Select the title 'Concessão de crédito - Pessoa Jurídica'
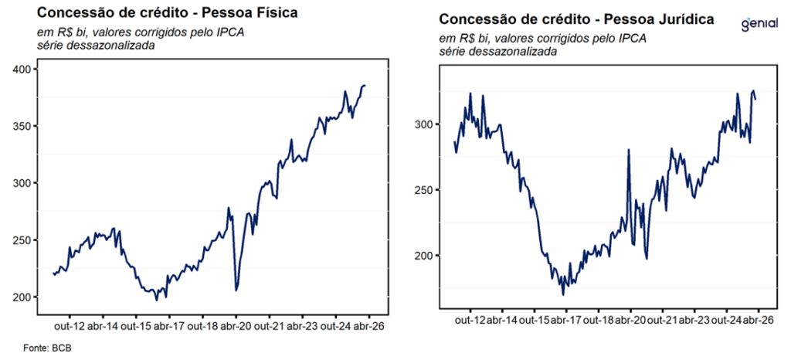click(576, 19)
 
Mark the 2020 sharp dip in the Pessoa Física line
click(236, 290)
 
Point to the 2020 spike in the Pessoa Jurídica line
click(629, 150)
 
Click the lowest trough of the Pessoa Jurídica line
click(563, 294)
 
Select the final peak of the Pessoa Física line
click(365, 85)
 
